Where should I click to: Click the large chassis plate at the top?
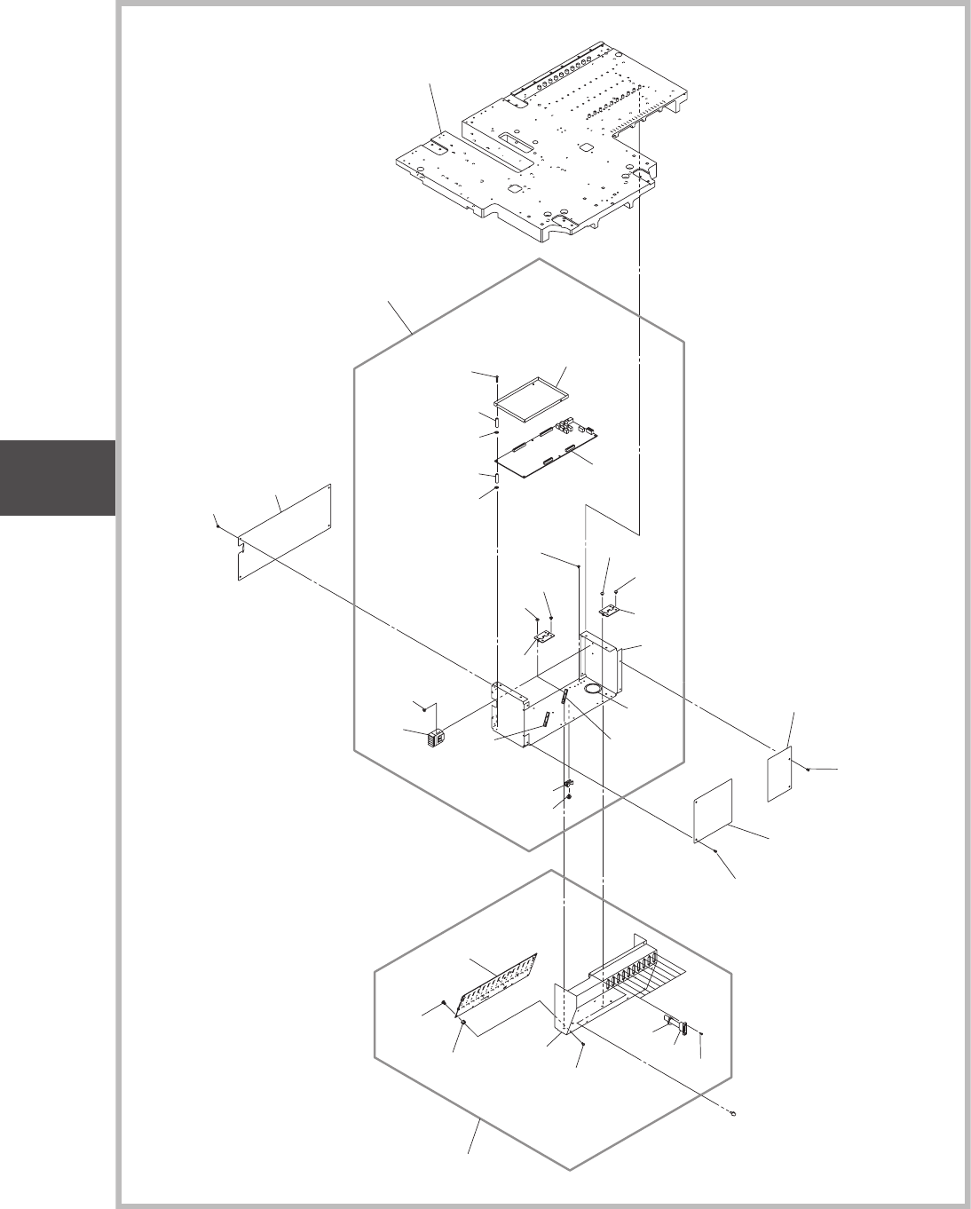pyautogui.click(x=533, y=160)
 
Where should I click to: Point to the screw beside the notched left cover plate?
pyautogui.click(x=217, y=525)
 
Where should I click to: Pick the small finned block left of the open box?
pyautogui.click(x=437, y=736)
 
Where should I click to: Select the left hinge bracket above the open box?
pyautogui.click(x=543, y=637)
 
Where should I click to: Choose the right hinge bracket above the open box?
pyautogui.click(x=610, y=612)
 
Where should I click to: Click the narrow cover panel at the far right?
pyautogui.click(x=778, y=774)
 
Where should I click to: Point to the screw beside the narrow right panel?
pyautogui.click(x=808, y=770)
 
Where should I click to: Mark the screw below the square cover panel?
pyautogui.click(x=714, y=849)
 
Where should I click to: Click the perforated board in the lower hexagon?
pyautogui.click(x=497, y=984)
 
